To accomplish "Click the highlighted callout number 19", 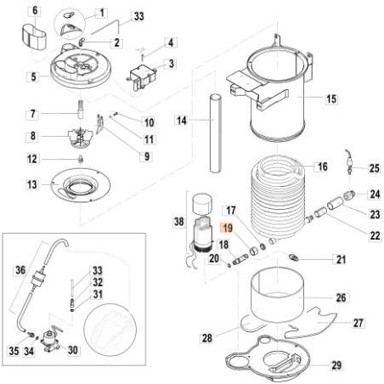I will click(226, 229).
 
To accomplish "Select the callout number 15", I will click(330, 99).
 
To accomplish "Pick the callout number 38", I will click(178, 222).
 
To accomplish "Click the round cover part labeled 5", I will click(83, 71).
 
